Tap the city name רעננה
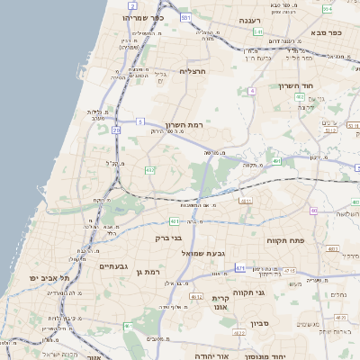[249, 19]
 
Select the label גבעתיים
[114, 265]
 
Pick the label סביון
[259, 321]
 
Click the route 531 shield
[185, 17]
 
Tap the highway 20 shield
[117, 131]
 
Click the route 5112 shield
[330, 130]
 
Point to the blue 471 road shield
[240, 267]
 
